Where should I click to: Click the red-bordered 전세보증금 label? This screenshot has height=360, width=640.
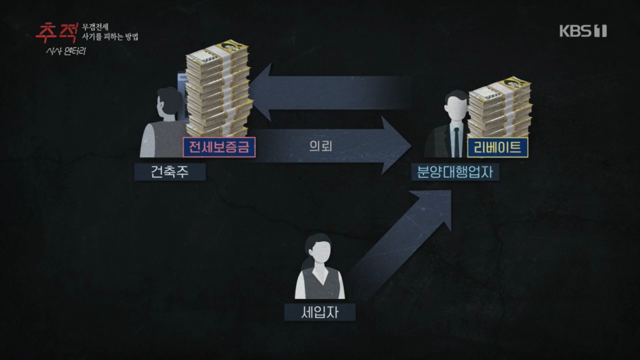point(219,147)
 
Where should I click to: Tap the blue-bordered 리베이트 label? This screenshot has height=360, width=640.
point(498,147)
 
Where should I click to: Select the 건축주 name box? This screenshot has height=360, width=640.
point(170,172)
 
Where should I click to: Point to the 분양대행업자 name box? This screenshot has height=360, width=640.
point(455,172)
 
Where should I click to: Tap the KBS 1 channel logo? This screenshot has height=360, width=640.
point(582,31)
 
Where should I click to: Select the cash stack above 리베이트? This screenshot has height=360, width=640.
point(500,106)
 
